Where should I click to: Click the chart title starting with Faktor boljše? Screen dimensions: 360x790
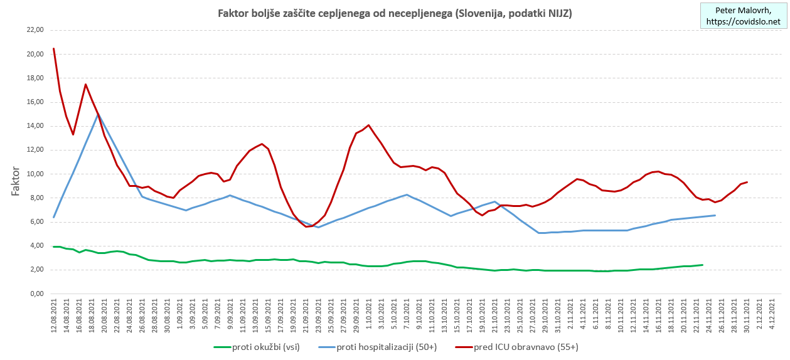394,13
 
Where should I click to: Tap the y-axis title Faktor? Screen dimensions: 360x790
16,182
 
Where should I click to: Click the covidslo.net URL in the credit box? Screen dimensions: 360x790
744,22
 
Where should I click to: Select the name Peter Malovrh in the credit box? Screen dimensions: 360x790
744,10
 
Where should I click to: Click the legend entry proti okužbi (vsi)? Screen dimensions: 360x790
264,346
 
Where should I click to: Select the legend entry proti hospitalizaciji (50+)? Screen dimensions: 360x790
384,346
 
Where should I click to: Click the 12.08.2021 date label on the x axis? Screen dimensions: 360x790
54,317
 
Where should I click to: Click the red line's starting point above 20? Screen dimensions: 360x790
54,48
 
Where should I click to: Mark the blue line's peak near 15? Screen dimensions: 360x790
99,115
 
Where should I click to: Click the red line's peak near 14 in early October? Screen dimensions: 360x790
368,125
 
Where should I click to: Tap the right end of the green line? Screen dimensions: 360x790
702,265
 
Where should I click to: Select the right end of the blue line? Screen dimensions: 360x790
715,215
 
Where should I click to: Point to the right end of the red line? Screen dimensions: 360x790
747,182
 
